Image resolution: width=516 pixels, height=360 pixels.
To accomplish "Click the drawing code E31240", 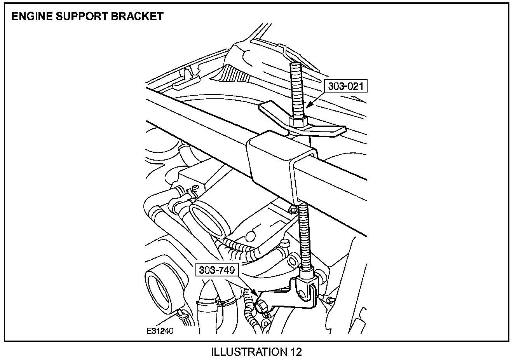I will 160,331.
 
